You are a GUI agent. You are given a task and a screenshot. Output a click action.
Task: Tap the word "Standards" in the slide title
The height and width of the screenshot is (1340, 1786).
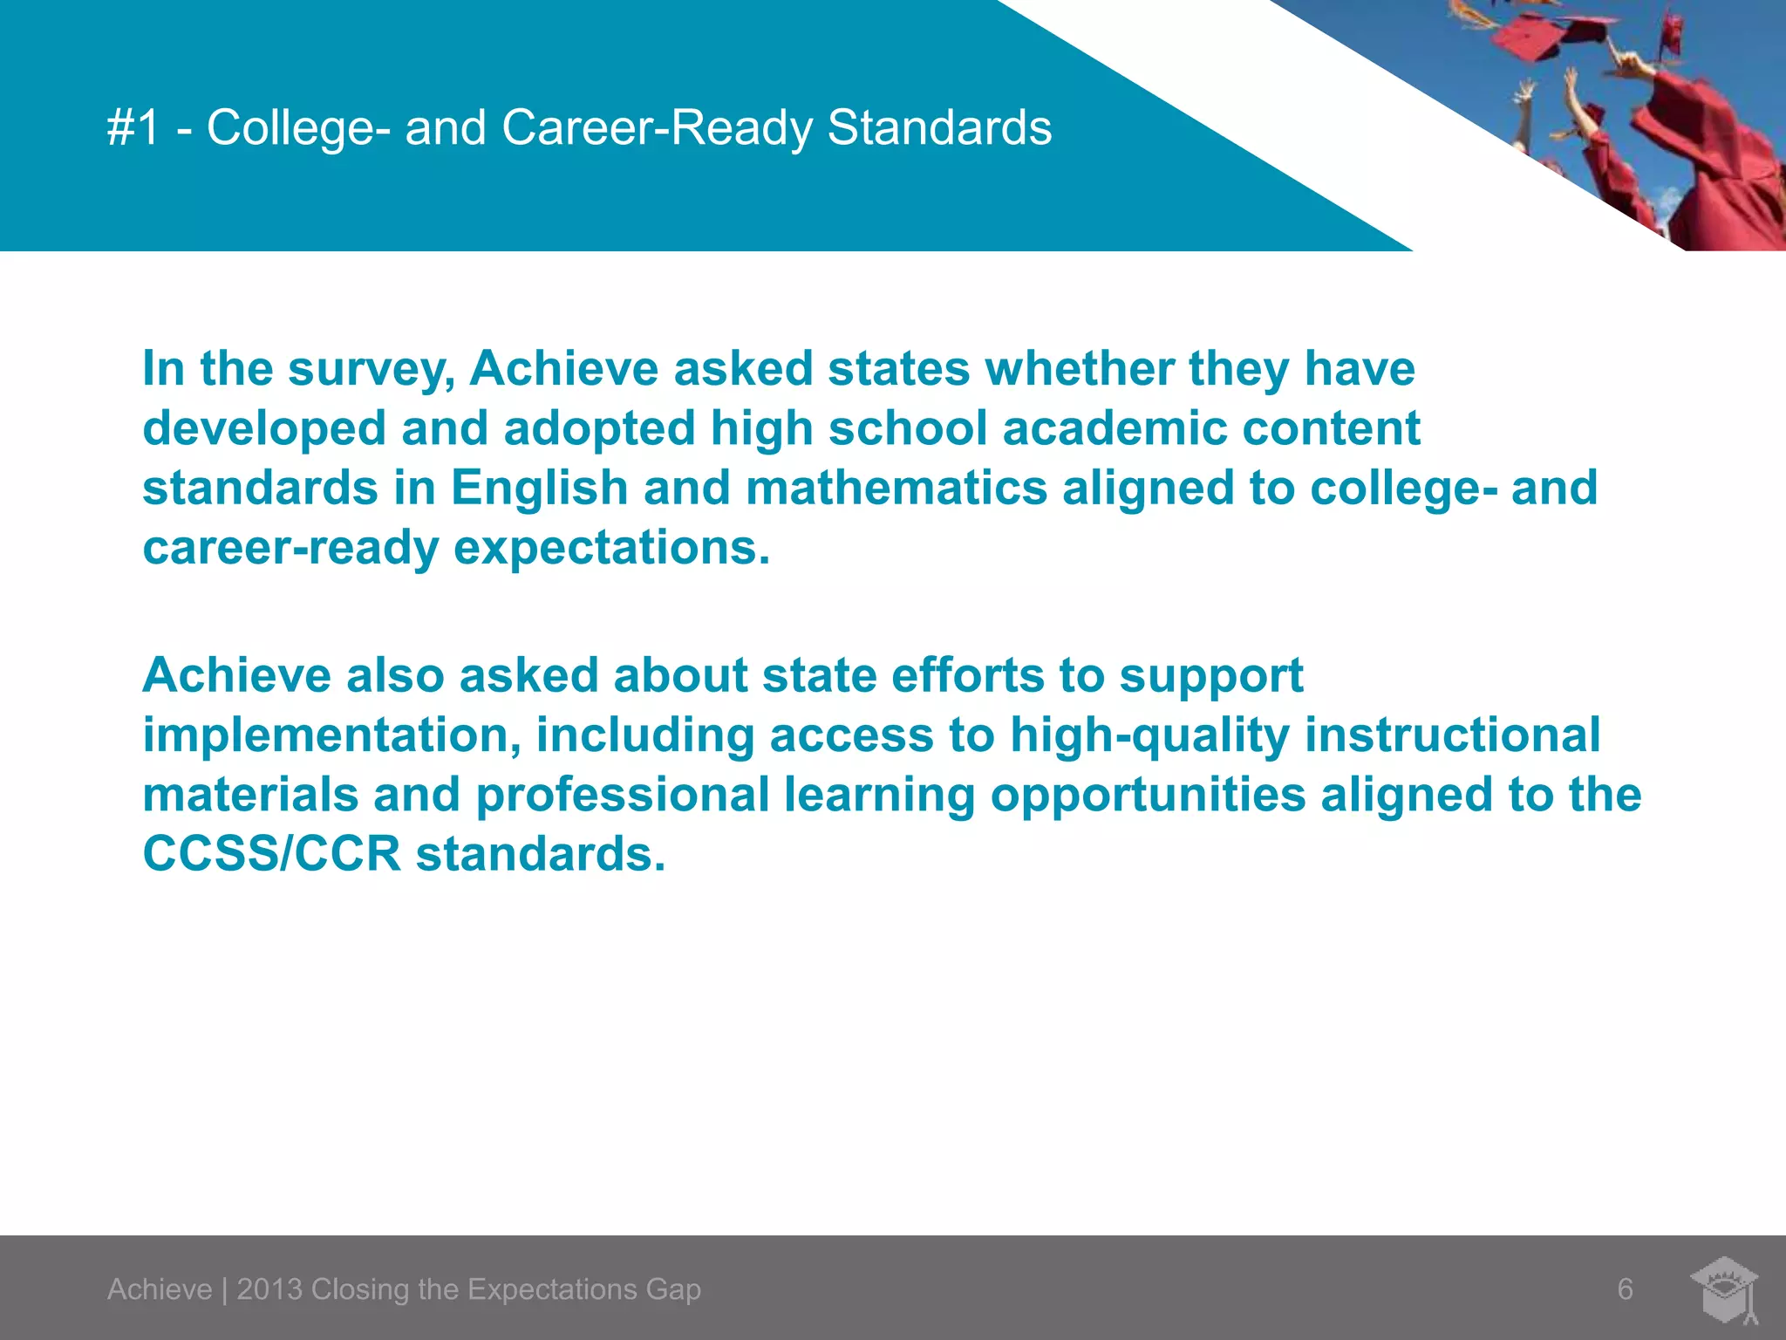click(939, 128)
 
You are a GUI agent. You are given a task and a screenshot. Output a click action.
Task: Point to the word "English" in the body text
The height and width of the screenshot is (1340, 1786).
click(539, 487)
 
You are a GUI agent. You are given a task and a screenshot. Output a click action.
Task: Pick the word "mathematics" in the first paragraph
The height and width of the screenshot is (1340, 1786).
click(896, 487)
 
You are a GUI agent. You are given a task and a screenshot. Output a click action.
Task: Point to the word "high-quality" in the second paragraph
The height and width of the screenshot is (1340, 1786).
click(1149, 735)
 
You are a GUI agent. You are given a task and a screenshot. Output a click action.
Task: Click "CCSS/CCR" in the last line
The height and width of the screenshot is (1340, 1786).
click(271, 853)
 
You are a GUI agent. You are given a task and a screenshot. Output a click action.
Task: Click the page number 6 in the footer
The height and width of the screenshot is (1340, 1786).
click(1625, 1289)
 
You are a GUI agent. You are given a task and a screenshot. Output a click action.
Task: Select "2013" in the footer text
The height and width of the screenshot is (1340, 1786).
click(269, 1289)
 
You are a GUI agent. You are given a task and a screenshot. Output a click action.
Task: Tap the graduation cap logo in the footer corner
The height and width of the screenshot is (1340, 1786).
click(1725, 1288)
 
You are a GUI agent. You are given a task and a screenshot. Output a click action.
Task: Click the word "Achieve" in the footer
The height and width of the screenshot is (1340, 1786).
click(160, 1289)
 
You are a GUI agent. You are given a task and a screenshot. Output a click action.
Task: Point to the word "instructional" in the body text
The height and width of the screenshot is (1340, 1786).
click(1452, 735)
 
